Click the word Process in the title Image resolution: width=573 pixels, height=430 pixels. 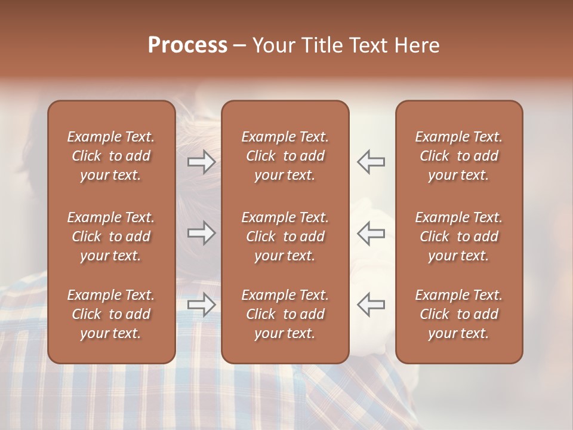(187, 45)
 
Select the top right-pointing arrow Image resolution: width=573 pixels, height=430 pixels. (201, 162)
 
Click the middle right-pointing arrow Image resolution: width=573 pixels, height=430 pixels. (201, 233)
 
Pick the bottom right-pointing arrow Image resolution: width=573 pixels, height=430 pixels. (201, 305)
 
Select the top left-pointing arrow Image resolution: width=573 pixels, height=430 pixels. (371, 162)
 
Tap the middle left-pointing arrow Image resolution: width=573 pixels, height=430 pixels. (371, 233)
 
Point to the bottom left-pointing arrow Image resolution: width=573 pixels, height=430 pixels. (371, 305)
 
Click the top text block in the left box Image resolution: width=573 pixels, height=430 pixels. (111, 156)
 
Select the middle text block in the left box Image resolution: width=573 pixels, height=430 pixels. (111, 236)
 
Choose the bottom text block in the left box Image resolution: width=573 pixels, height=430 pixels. (111, 314)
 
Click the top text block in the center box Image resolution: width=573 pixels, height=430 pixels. (285, 156)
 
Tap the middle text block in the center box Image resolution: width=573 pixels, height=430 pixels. (285, 236)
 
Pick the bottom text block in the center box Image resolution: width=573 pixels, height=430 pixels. (285, 314)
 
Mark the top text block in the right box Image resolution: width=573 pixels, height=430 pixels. (458, 156)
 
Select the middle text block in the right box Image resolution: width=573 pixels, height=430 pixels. (458, 236)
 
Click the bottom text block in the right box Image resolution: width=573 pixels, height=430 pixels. (458, 314)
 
